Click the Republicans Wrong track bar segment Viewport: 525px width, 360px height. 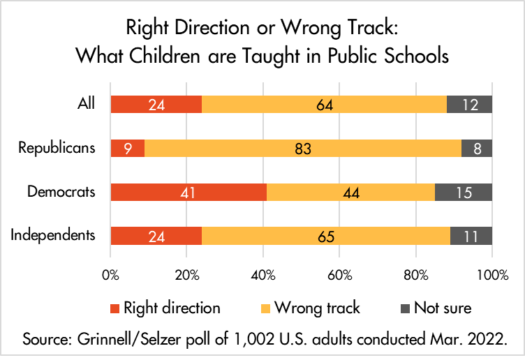pos(303,148)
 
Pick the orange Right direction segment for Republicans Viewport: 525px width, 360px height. pos(128,148)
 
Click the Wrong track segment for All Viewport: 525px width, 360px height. pos(324,105)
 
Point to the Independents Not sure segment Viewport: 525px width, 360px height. pos(471,235)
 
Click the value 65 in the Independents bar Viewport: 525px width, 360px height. pos(325,236)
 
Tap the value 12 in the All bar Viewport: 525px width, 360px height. pos(470,105)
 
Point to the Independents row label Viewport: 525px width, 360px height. pos(52,234)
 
